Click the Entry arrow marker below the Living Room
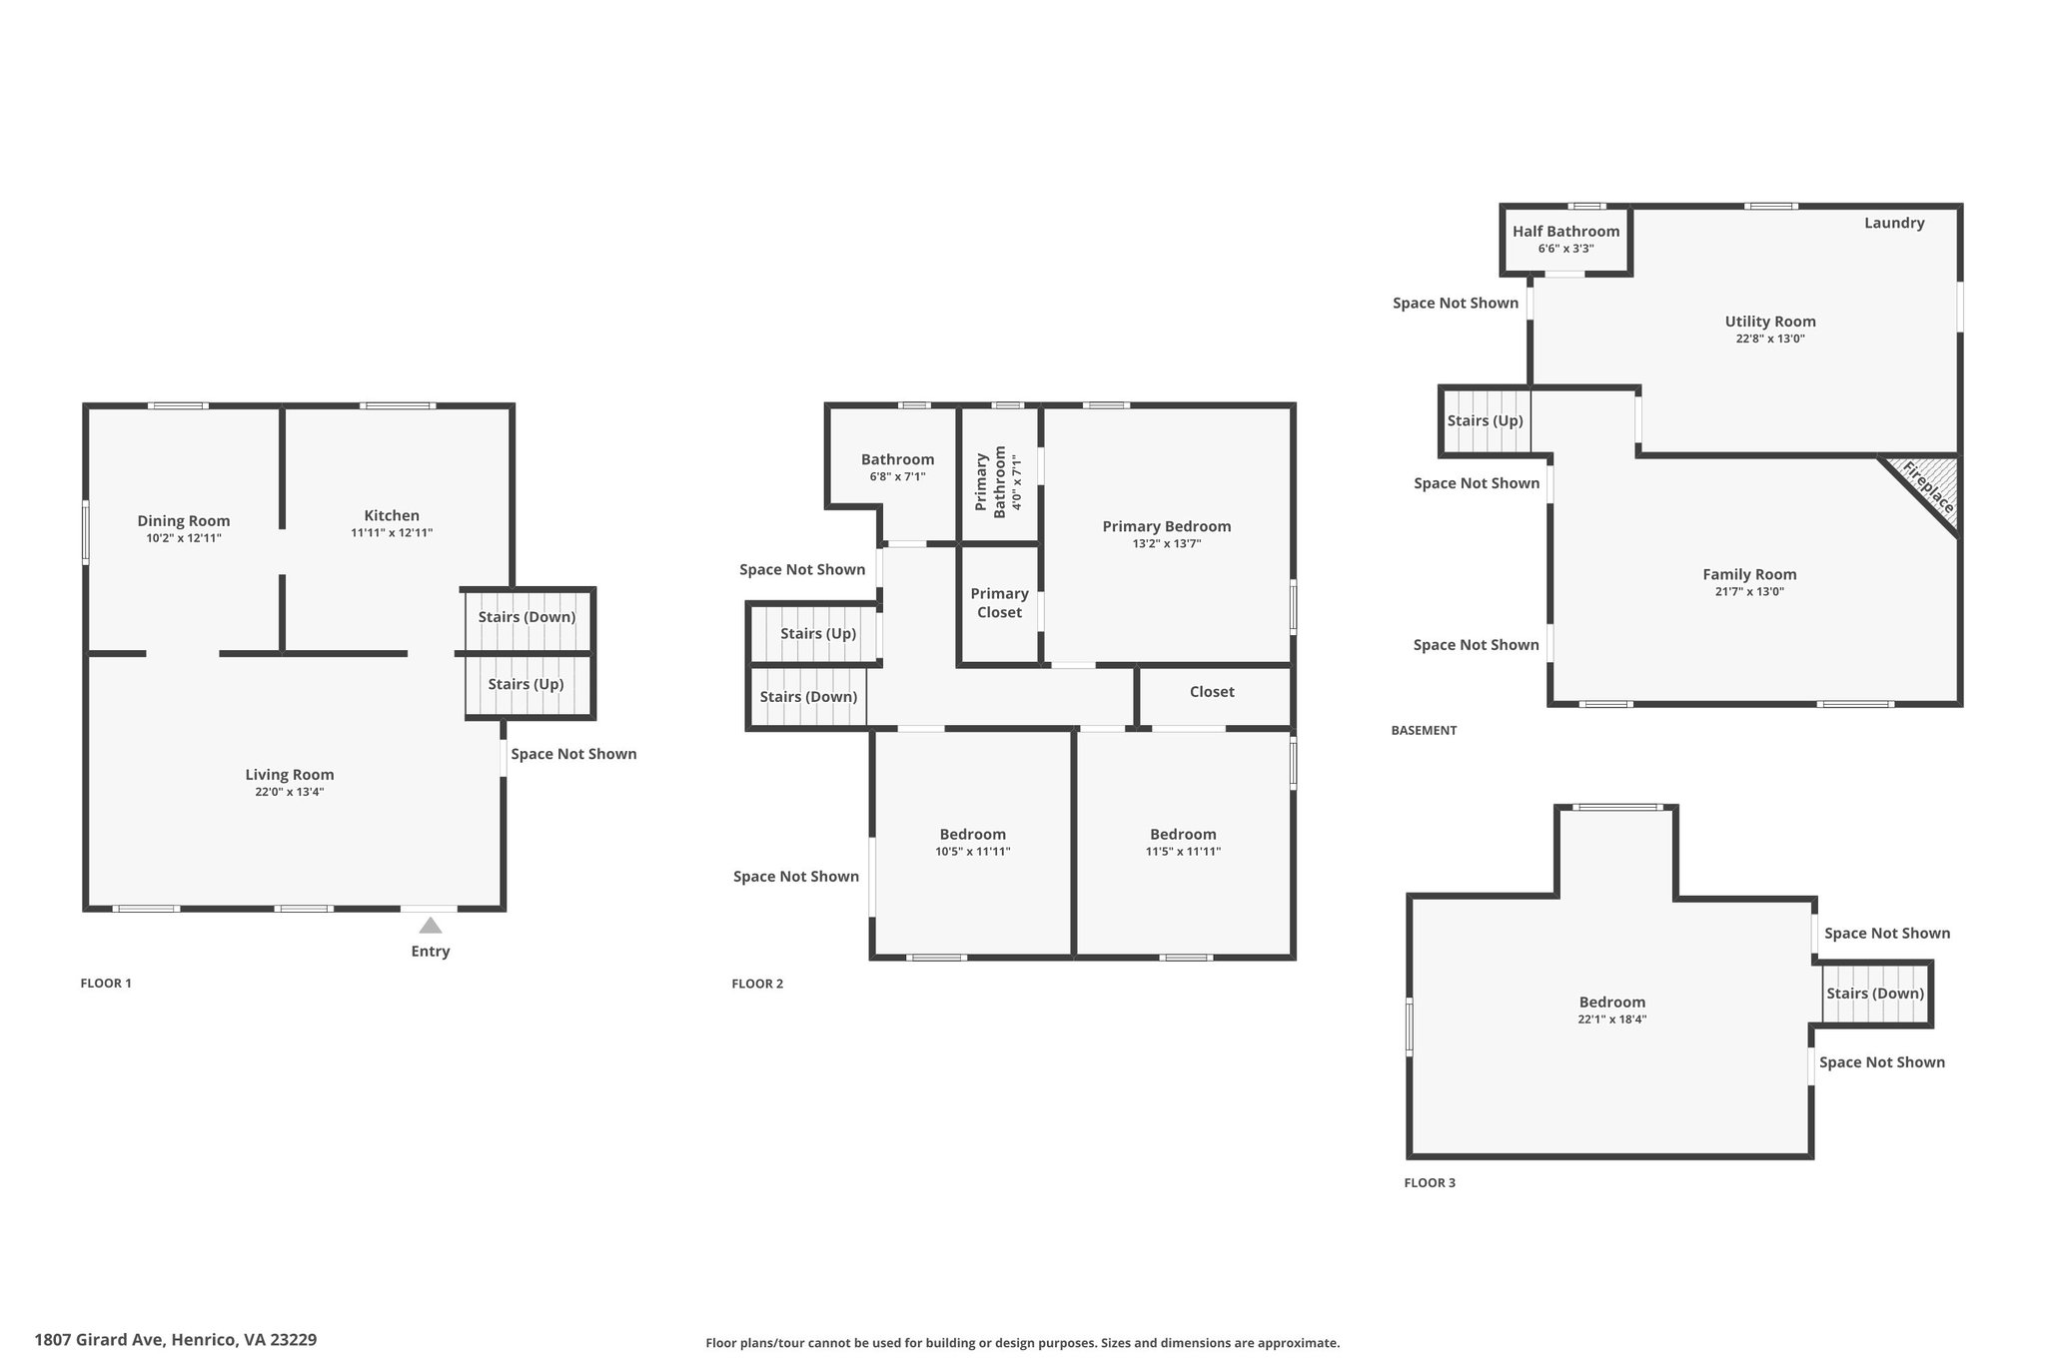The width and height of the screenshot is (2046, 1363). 431,926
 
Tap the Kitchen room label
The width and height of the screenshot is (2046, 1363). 392,515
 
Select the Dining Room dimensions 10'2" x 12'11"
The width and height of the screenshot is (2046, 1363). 184,538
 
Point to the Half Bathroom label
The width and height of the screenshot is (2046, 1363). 1565,232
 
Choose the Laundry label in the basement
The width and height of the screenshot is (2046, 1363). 1894,223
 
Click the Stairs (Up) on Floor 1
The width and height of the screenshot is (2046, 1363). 526,685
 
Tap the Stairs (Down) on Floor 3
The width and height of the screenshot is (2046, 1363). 1875,994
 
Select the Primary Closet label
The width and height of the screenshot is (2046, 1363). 999,603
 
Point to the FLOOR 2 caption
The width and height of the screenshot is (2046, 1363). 757,984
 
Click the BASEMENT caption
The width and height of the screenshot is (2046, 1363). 1424,730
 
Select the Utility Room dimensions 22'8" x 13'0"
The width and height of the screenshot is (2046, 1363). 1770,339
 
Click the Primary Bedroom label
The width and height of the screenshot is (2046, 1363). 1167,526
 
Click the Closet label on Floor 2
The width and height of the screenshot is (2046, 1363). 1212,692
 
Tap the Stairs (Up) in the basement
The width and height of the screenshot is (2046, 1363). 1486,420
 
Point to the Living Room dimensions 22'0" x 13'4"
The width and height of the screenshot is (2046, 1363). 290,792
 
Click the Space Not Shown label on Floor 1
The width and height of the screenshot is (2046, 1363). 573,754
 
